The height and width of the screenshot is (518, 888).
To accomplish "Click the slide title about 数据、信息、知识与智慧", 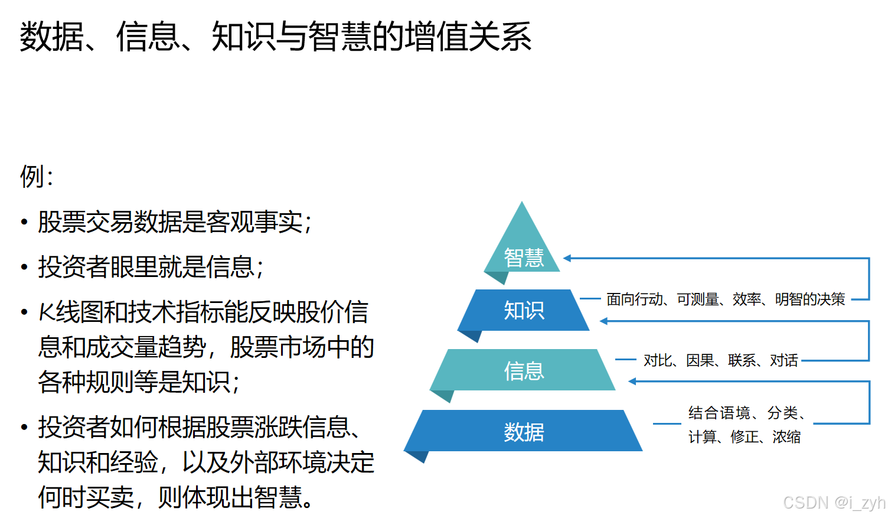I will [x=275, y=37].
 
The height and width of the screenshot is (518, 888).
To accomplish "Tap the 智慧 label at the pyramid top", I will [x=524, y=258].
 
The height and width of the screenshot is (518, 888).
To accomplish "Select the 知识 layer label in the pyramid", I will [x=524, y=310].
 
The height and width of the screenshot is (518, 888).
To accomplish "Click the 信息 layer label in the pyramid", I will [x=524, y=371].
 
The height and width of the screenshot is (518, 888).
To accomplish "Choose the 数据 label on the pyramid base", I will [x=524, y=432].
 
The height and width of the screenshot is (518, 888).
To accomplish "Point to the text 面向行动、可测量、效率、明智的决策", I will [x=726, y=299].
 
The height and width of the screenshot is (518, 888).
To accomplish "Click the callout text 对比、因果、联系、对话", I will [x=720, y=360].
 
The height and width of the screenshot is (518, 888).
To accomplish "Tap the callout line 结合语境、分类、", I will [x=747, y=413].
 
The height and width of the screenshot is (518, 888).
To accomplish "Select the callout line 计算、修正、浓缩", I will [x=745, y=437].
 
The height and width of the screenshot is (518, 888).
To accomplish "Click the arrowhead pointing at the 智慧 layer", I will [x=567, y=258].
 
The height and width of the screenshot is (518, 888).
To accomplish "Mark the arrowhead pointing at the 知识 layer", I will [x=604, y=321].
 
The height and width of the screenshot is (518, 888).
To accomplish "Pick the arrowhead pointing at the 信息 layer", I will [x=632, y=382].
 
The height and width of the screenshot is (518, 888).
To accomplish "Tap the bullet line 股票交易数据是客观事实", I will [x=175, y=222].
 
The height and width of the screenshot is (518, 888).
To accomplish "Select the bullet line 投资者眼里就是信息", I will [x=151, y=267].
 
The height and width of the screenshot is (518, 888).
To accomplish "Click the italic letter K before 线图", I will [x=47, y=312].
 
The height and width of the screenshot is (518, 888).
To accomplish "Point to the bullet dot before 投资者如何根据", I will [x=24, y=427].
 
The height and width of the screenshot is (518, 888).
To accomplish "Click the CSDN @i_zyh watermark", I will [x=833, y=503].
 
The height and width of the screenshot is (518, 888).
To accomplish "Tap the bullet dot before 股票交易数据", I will [x=24, y=223].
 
